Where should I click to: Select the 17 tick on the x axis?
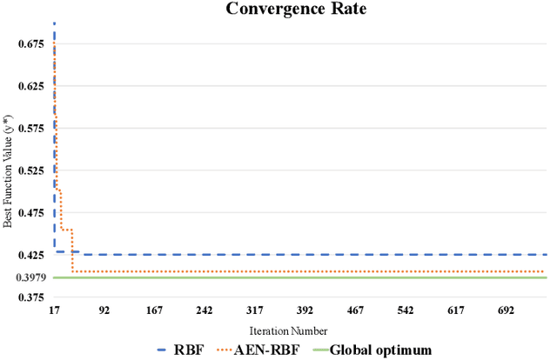pyautogui.click(x=54, y=310)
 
